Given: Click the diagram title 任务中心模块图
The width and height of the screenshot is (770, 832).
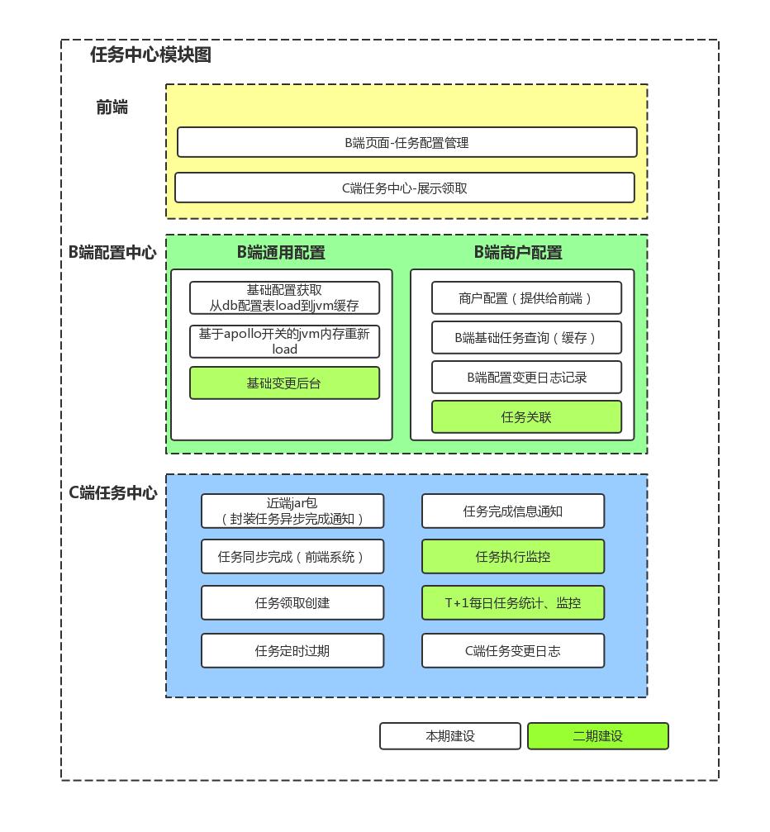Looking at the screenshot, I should [x=150, y=55].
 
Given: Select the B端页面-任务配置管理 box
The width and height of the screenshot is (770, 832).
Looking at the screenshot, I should [x=406, y=142].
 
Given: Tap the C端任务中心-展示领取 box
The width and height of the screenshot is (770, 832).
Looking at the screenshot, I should [x=404, y=188].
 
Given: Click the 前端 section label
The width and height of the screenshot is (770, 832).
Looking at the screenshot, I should [x=112, y=107].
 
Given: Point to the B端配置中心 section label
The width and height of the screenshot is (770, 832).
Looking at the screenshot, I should [x=112, y=253].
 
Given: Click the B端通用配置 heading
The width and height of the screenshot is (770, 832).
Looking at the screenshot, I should [x=281, y=253].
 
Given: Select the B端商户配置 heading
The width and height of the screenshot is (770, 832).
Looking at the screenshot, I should [x=518, y=253].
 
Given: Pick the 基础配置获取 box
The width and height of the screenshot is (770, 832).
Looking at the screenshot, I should [x=284, y=297].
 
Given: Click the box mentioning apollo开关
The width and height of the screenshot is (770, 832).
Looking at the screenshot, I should [x=284, y=341].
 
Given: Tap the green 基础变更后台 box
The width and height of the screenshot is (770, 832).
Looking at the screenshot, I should [x=284, y=383].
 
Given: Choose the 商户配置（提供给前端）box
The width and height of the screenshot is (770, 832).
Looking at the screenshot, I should [x=526, y=298].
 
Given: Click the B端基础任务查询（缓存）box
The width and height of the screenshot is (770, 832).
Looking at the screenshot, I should [x=526, y=338].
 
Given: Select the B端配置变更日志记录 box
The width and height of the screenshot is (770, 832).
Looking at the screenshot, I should [x=526, y=378].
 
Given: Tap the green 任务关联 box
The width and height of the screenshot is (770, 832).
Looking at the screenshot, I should [x=526, y=417].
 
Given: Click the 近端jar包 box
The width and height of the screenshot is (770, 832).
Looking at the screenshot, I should [x=292, y=511].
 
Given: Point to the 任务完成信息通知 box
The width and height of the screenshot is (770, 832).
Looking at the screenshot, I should [x=513, y=511].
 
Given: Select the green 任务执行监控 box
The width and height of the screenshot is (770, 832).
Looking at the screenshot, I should [x=513, y=557].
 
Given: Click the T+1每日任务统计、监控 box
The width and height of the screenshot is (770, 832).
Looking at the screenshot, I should [x=513, y=603].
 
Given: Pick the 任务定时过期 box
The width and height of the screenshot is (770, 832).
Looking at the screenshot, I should [x=292, y=651].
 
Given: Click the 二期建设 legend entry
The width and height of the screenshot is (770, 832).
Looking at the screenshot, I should [x=597, y=736].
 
